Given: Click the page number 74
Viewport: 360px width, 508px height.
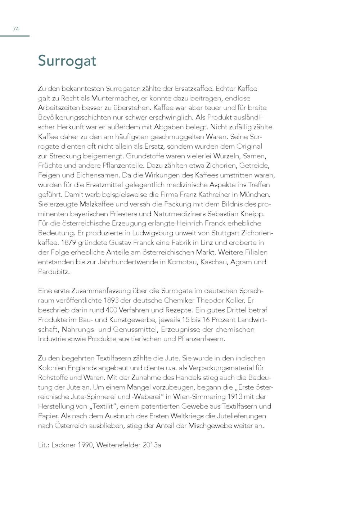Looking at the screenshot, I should [16, 29].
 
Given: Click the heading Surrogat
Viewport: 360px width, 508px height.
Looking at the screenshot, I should [67, 60].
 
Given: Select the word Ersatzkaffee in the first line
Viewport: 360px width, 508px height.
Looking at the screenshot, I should [193, 89].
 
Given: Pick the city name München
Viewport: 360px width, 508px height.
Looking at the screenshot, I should [255, 195].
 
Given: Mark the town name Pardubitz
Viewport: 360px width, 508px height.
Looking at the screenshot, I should [53, 272].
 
